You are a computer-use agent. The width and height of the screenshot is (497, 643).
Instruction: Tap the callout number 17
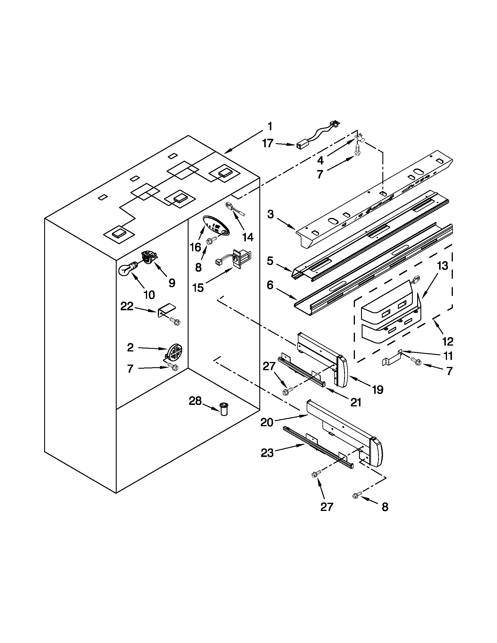pyautogui.click(x=268, y=144)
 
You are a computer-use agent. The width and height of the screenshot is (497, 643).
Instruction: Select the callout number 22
pyautogui.click(x=127, y=307)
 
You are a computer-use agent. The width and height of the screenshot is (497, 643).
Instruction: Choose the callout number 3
pyautogui.click(x=270, y=215)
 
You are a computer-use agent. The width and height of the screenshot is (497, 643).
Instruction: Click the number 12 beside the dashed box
pyautogui.click(x=447, y=342)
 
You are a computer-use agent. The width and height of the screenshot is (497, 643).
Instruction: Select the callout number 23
pyautogui.click(x=267, y=453)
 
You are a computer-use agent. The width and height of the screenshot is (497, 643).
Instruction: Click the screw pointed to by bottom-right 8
pyautogui.click(x=355, y=497)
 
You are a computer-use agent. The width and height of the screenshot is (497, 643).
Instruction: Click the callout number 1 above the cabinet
pyautogui.click(x=270, y=126)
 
